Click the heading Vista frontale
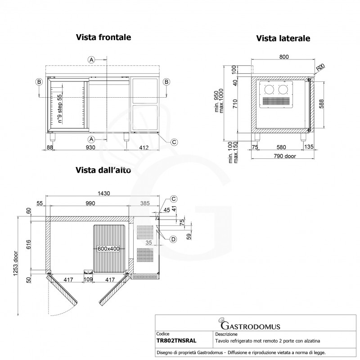click(x=103, y=38)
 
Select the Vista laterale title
click(x=283, y=39)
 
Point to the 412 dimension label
click(x=144, y=147)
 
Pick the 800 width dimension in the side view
click(x=283, y=56)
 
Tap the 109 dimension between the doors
click(x=88, y=279)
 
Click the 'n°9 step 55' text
click(x=59, y=108)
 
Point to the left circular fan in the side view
click(x=271, y=90)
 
